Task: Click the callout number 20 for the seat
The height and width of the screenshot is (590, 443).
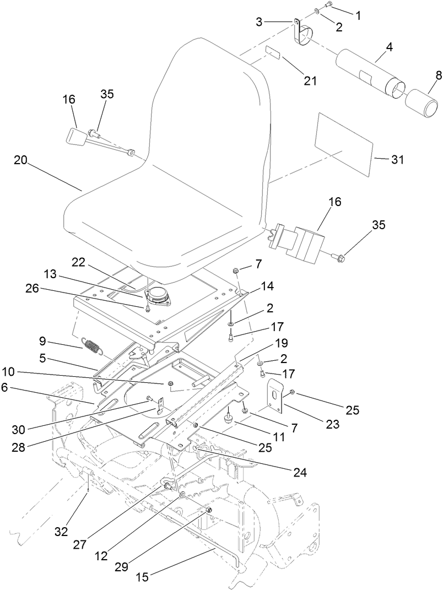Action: pos(20,160)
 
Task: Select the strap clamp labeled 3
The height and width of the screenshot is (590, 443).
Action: pos(300,33)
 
